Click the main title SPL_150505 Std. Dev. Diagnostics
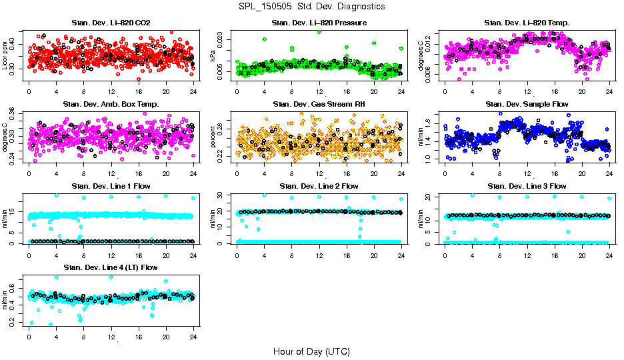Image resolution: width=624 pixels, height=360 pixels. coord(311,7)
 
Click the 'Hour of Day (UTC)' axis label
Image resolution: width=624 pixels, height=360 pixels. coord(311,351)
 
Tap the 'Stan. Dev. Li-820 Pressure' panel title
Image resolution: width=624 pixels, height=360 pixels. coord(319,23)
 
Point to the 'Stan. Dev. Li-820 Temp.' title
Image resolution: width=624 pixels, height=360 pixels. coord(527,23)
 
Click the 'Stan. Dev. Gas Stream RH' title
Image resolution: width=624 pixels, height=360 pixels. coord(319,104)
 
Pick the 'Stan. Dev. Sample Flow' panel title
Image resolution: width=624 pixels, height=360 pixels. coord(527,104)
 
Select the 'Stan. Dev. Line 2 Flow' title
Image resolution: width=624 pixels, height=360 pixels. coord(319,186)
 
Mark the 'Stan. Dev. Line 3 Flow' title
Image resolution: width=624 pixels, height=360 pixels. coord(527,186)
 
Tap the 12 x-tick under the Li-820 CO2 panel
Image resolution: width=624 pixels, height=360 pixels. coord(111,91)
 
